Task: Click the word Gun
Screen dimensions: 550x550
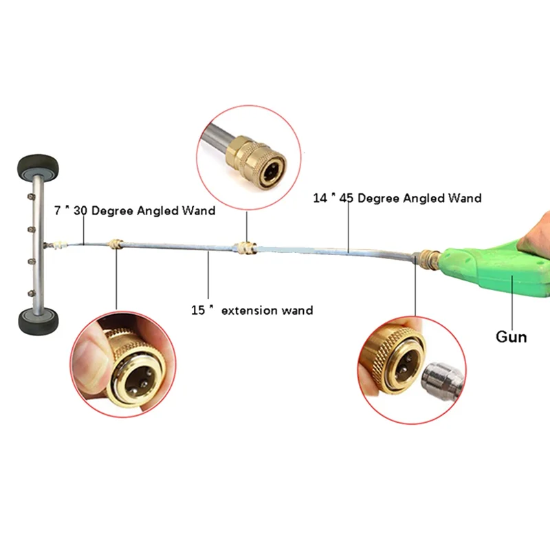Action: coord(511,337)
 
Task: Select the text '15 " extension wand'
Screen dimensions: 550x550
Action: coord(252,310)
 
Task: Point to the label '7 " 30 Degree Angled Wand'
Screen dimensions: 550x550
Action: coord(135,211)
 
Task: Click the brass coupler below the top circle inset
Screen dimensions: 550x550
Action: coord(245,247)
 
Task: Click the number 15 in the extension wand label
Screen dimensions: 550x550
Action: coord(199,310)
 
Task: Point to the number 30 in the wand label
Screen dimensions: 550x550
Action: coord(80,211)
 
